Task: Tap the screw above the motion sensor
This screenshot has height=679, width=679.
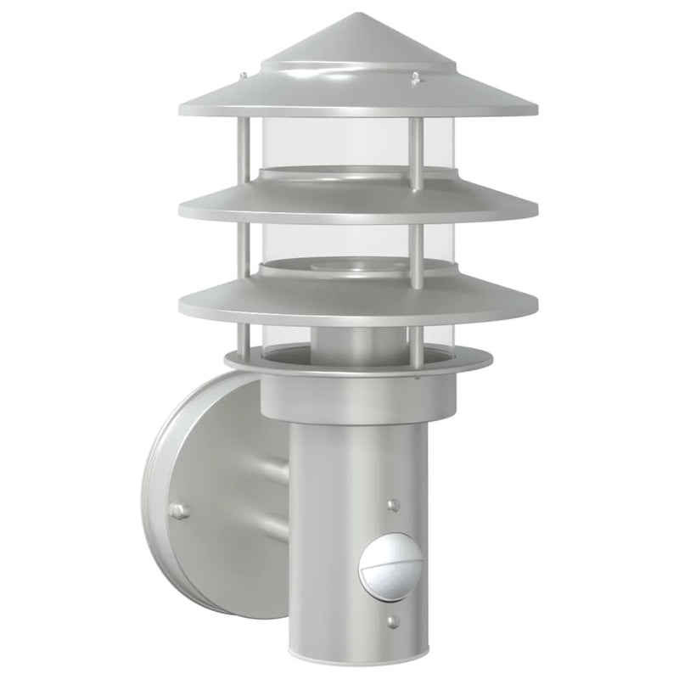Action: [391, 505]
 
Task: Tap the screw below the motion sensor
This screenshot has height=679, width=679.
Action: [391, 622]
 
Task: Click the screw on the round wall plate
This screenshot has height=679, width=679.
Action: [178, 510]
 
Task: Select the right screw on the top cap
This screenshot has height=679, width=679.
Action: [415, 79]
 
